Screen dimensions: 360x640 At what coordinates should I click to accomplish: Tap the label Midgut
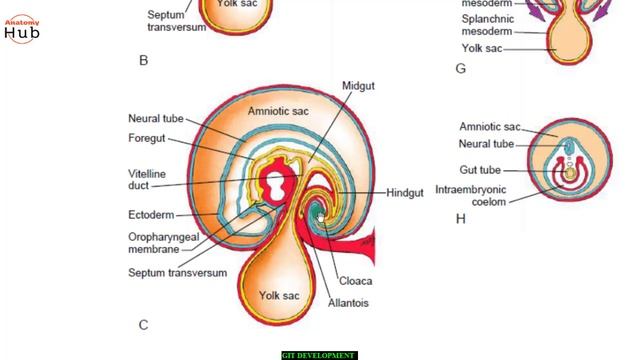click(x=357, y=86)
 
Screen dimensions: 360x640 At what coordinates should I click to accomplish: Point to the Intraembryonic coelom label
click(x=475, y=194)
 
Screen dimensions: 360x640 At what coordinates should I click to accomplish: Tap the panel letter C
click(x=143, y=324)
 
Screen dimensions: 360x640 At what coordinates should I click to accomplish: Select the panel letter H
click(x=460, y=219)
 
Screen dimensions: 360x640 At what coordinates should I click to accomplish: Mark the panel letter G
click(x=460, y=68)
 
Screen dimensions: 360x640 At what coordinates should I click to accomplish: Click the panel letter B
click(x=143, y=61)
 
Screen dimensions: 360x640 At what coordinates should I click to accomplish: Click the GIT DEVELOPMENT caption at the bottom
click(x=319, y=355)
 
